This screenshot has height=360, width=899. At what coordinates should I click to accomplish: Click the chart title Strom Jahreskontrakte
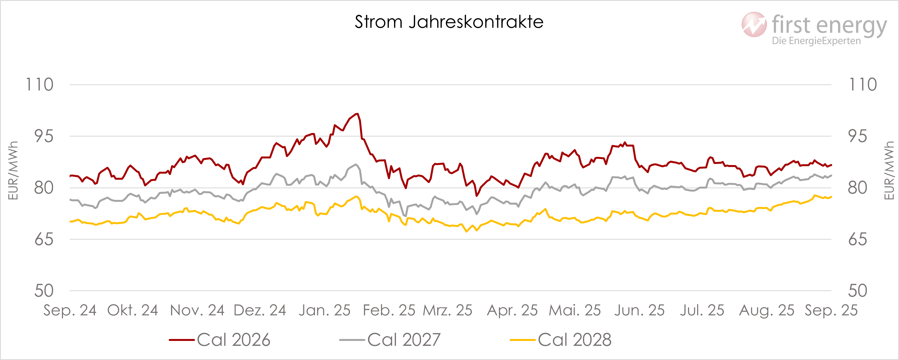pyautogui.click(x=449, y=22)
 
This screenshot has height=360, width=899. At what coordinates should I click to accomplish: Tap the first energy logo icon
pyautogui.click(x=754, y=24)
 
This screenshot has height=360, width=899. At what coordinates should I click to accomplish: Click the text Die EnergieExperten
pyautogui.click(x=816, y=41)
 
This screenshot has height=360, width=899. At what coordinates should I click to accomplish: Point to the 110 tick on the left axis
pyautogui.click(x=40, y=85)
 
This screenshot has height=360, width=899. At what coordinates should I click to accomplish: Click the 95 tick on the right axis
pyautogui.click(x=858, y=136)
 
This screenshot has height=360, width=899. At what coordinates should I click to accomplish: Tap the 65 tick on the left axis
pyautogui.click(x=44, y=240)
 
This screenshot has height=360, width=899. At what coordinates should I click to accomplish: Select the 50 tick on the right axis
pyautogui.click(x=858, y=291)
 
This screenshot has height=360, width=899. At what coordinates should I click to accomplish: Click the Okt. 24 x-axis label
pyautogui.click(x=133, y=310)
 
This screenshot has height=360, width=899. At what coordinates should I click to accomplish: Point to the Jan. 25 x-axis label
pyautogui.click(x=325, y=310)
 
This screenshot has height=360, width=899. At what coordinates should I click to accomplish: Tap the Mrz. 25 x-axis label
pyautogui.click(x=447, y=310)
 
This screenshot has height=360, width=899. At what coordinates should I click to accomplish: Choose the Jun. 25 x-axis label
pyautogui.click(x=639, y=310)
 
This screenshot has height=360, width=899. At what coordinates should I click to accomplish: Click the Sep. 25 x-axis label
pyautogui.click(x=831, y=310)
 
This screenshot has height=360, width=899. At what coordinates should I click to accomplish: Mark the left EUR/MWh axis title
pyautogui.click(x=13, y=171)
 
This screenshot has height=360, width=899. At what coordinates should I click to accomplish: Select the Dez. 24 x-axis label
pyautogui.click(x=260, y=310)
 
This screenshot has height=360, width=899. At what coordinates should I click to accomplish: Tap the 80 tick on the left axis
pyautogui.click(x=44, y=188)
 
